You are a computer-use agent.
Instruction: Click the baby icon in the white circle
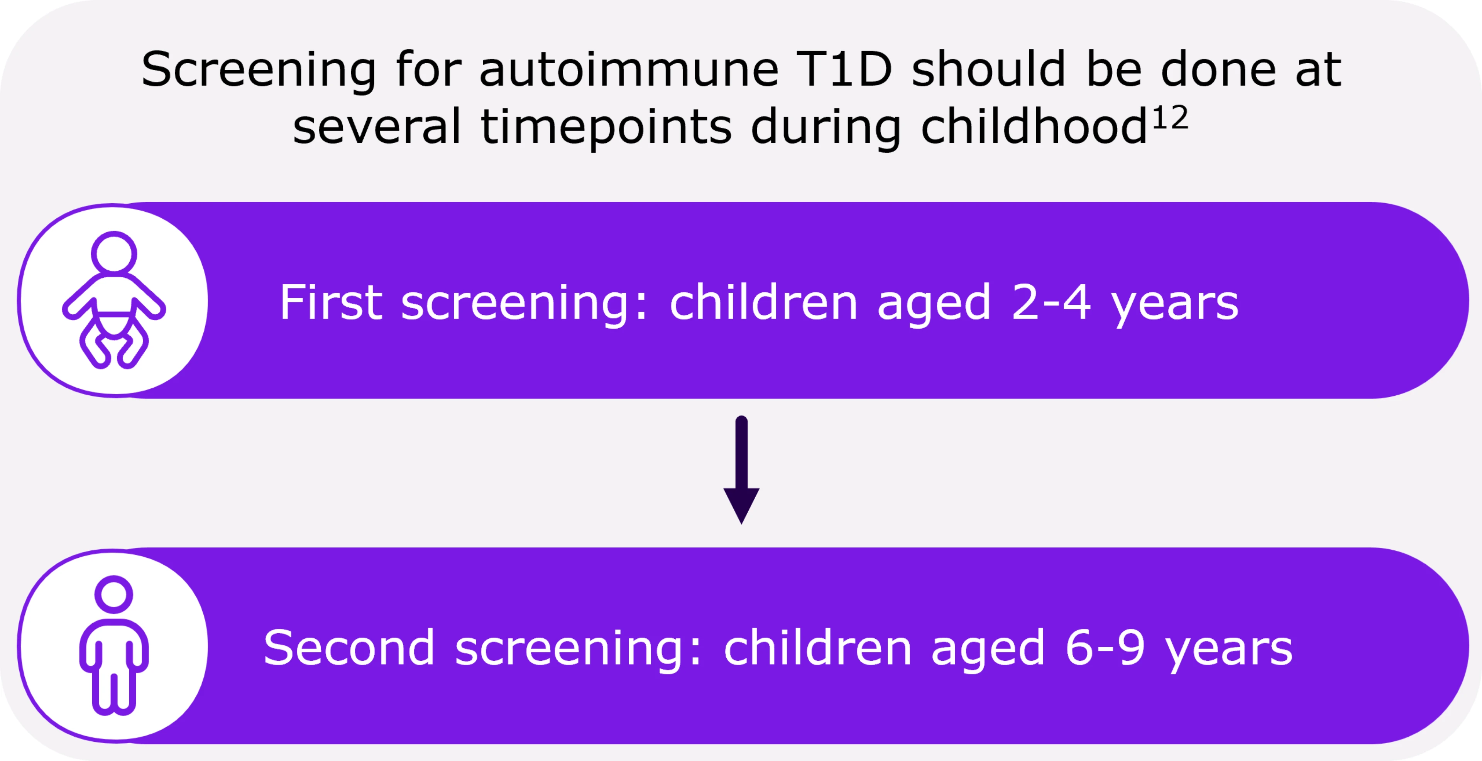pos(114,300)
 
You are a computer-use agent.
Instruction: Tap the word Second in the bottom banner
pos(349,648)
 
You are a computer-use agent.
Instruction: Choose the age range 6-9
pos(1105,648)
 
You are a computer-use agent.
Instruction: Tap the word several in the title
pos(377,128)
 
